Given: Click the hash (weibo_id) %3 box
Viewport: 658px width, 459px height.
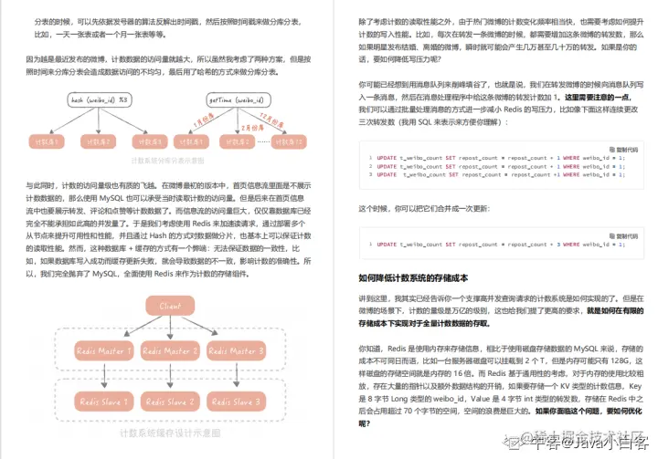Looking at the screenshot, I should (x=98, y=100).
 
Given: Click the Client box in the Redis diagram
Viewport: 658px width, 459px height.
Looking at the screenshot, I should (x=170, y=307).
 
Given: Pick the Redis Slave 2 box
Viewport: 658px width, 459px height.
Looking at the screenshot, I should (x=170, y=401).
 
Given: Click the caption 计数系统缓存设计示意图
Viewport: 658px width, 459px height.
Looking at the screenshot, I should (x=170, y=433).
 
